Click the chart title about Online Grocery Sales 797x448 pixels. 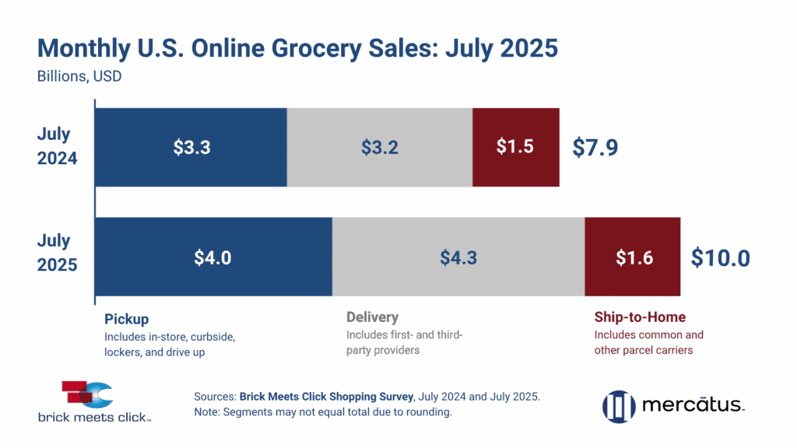pyautogui.click(x=298, y=48)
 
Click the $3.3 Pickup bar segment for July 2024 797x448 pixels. pyautogui.click(x=191, y=147)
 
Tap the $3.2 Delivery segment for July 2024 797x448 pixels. pyautogui.click(x=380, y=147)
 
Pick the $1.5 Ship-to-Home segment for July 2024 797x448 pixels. pyautogui.click(x=515, y=147)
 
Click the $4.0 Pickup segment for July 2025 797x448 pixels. pyautogui.click(x=212, y=257)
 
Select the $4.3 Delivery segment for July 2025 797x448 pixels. pyautogui.click(x=458, y=257)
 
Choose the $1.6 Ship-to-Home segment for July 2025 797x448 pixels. pyautogui.click(x=634, y=257)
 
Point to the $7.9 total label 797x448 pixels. pyautogui.click(x=595, y=147)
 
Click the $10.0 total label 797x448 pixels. pyautogui.click(x=720, y=257)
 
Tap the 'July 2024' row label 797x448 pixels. pyautogui.click(x=57, y=146)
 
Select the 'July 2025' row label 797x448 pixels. pyautogui.click(x=57, y=253)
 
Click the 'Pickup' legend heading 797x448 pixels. pyautogui.click(x=127, y=318)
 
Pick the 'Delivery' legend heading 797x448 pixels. pyautogui.click(x=372, y=317)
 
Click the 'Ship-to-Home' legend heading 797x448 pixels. pyautogui.click(x=640, y=317)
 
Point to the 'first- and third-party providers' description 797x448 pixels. pyautogui.click(x=404, y=343)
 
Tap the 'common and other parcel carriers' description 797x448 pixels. pyautogui.click(x=648, y=343)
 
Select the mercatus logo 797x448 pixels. pyautogui.click(x=674, y=404)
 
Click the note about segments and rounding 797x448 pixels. pyautogui.click(x=322, y=413)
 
